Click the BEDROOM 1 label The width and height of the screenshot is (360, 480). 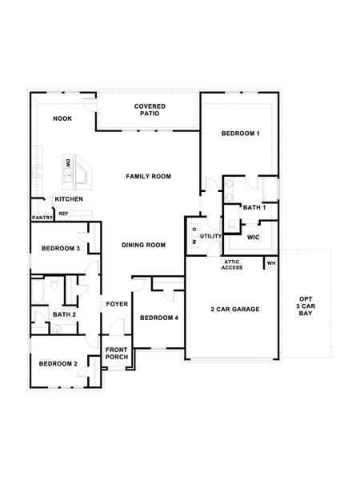(241, 134)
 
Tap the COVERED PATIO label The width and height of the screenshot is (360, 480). (150, 110)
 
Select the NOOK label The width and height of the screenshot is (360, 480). (62, 118)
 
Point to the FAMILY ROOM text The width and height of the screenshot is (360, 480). (148, 176)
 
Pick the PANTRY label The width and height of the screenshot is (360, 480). (42, 217)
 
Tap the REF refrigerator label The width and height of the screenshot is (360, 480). (63, 214)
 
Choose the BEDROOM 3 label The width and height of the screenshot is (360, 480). (60, 249)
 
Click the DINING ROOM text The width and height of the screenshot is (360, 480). (143, 245)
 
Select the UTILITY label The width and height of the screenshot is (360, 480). (210, 236)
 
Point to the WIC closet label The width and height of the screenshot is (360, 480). (253, 237)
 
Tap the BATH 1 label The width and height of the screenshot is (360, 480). (254, 207)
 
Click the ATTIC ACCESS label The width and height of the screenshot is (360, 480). (232, 265)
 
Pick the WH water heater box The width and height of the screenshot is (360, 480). (270, 262)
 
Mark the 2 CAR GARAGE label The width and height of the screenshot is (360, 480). (234, 309)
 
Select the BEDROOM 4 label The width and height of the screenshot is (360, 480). (158, 318)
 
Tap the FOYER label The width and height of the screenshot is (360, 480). (117, 304)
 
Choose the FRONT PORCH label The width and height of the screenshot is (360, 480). (117, 353)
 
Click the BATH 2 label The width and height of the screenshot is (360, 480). (64, 314)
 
